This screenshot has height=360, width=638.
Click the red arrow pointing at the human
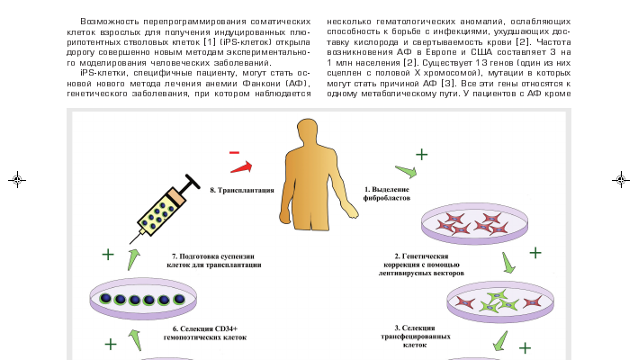point(242,166)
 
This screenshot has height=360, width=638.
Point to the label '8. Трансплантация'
point(242,190)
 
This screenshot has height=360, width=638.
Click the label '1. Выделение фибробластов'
point(386,193)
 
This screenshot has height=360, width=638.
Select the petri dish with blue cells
point(142,299)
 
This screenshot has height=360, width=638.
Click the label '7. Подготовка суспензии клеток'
point(216,261)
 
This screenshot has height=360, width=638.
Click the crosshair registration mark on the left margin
point(17,179)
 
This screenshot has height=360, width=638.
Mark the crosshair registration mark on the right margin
point(621,179)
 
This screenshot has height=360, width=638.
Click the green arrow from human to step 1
point(406,171)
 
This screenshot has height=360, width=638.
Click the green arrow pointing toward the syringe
point(133,260)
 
